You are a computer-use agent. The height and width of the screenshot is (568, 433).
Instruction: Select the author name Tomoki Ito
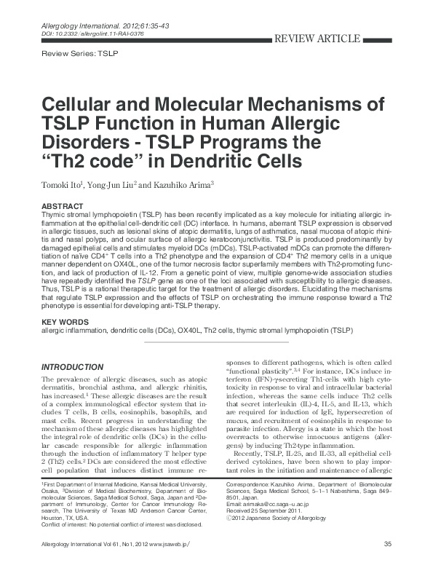point(66,183)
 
